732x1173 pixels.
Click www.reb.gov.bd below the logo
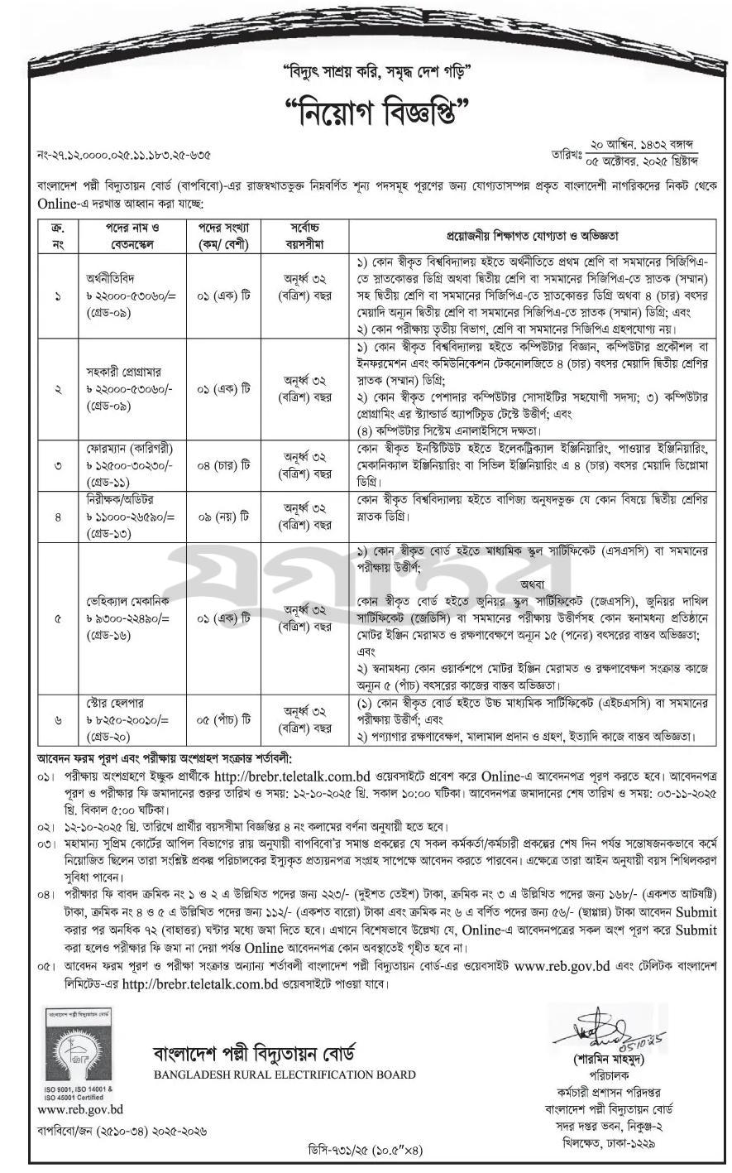click(x=80, y=1109)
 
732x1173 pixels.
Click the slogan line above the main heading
click(x=365, y=69)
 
